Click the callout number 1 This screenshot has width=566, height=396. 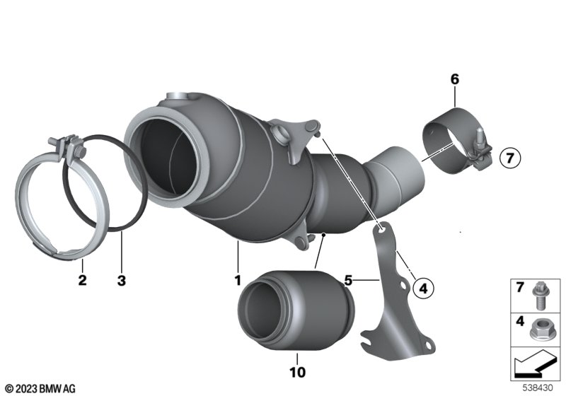[238, 280]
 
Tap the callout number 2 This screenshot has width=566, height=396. [82, 280]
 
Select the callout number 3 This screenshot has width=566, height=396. [122, 280]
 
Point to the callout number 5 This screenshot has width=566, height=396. [348, 280]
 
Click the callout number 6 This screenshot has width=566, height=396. [455, 79]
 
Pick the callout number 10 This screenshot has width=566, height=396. [297, 372]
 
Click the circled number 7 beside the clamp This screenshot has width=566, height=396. [510, 158]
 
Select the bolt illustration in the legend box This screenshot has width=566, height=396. [539, 296]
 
